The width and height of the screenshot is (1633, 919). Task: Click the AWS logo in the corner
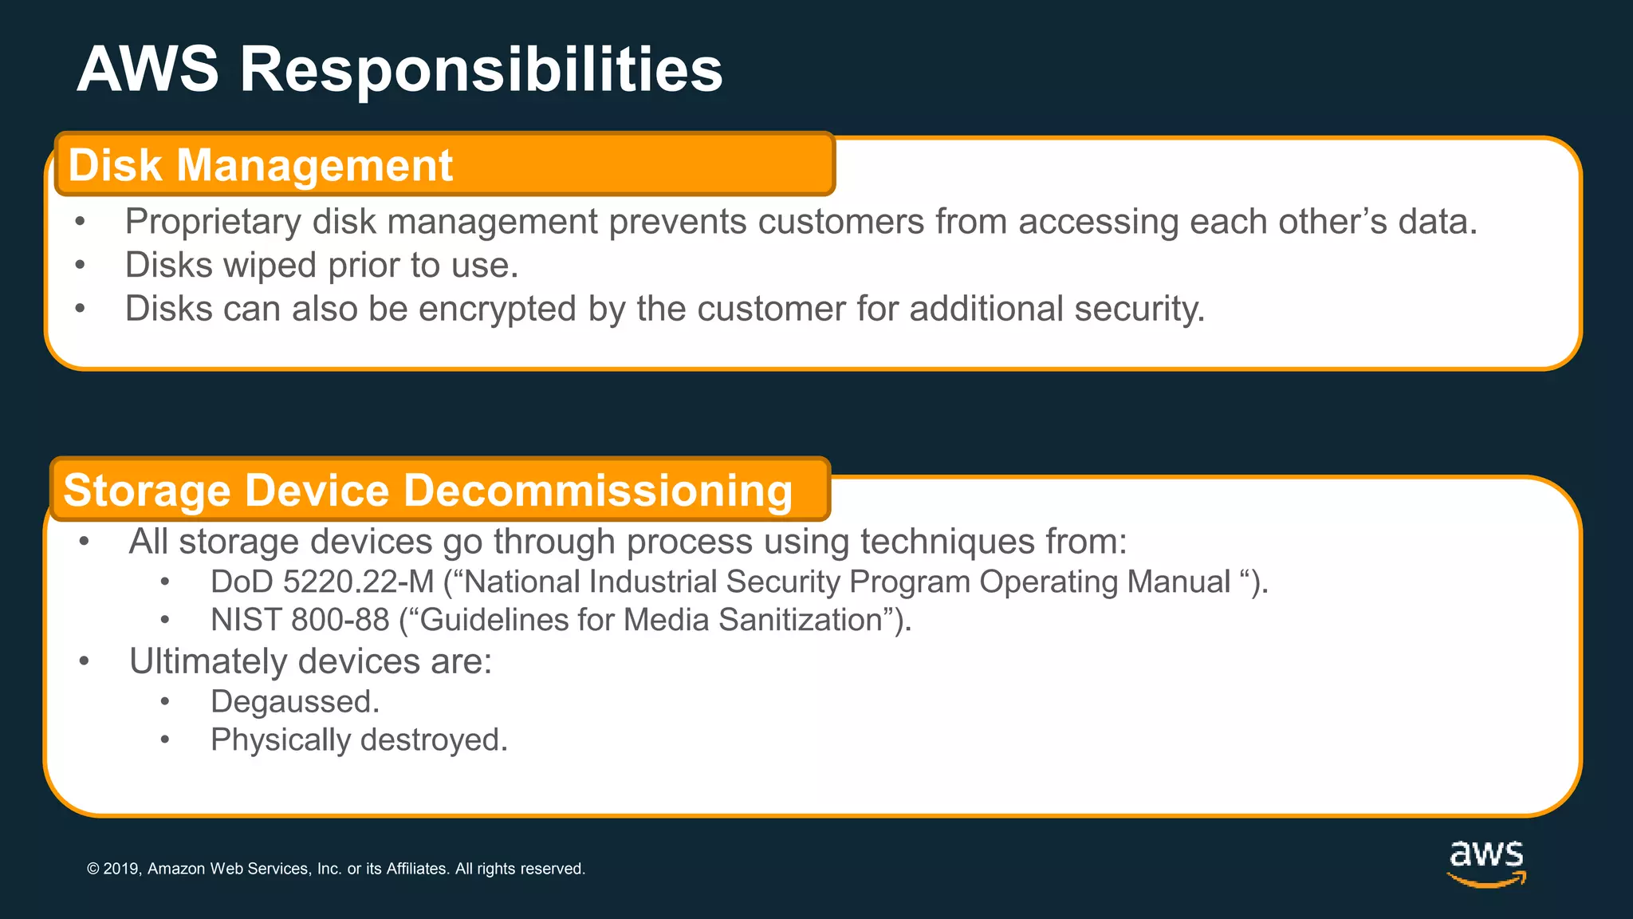click(x=1486, y=862)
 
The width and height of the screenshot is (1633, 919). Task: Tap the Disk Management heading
click(x=261, y=165)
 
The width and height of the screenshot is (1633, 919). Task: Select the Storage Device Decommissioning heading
click(x=427, y=490)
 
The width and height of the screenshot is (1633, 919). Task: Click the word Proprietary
click(x=213, y=222)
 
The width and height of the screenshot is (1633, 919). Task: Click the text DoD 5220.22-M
click(x=321, y=582)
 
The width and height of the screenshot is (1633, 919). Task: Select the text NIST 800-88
click(x=300, y=620)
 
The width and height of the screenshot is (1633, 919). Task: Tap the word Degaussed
click(x=294, y=702)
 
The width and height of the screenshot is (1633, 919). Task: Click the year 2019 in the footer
click(x=121, y=869)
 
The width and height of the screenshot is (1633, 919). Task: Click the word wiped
click(x=270, y=266)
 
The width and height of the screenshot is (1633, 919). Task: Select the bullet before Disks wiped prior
click(x=80, y=266)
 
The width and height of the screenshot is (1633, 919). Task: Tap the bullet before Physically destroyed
click(x=165, y=740)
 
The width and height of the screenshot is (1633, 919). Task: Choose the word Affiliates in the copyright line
click(x=417, y=869)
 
